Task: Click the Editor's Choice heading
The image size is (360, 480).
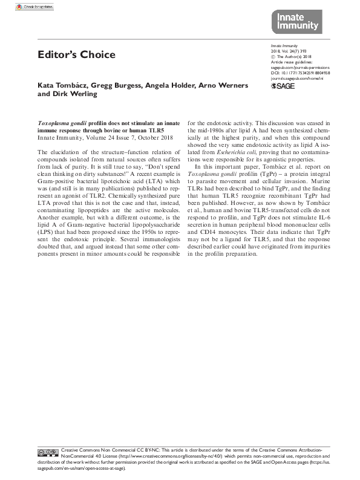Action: coord(76,55)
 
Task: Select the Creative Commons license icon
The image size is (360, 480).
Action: coord(48,452)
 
